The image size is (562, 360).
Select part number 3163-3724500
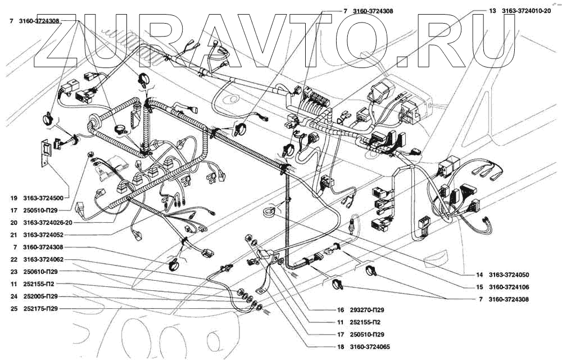pyautogui.click(x=43, y=199)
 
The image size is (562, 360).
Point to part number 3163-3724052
pyautogui.click(x=43, y=235)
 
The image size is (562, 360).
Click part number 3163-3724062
pyautogui.click(x=43, y=260)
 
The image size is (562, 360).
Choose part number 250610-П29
pyautogui.click(x=40, y=272)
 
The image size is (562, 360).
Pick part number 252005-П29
pyautogui.click(x=40, y=296)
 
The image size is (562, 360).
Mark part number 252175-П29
pyautogui.click(x=40, y=309)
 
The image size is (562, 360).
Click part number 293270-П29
pyautogui.click(x=367, y=310)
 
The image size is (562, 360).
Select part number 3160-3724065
pyautogui.click(x=370, y=347)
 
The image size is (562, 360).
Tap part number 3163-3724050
pyautogui.click(x=509, y=275)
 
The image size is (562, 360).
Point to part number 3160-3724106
pyautogui.click(x=509, y=287)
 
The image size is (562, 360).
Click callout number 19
pyautogui.click(x=14, y=199)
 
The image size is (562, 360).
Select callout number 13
pyautogui.click(x=493, y=11)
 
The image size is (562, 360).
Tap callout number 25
pyautogui.click(x=14, y=309)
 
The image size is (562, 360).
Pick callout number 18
pyautogui.click(x=341, y=347)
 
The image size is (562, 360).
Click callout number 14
pyautogui.click(x=480, y=275)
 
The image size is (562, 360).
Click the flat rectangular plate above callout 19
pyautogui.click(x=45, y=152)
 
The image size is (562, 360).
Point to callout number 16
pyautogui.click(x=341, y=310)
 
